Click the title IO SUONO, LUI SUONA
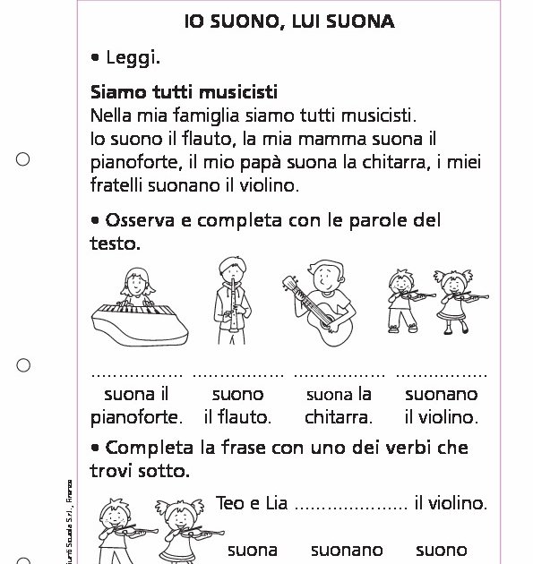coord(289,21)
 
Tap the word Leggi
coord(133,58)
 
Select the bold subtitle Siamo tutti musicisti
coord(184,92)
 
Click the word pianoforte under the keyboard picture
coord(136,417)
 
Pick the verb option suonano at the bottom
coord(347,550)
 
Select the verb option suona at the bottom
coord(253,550)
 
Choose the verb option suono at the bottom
coord(442,550)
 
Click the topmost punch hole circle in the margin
coord(23,159)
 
